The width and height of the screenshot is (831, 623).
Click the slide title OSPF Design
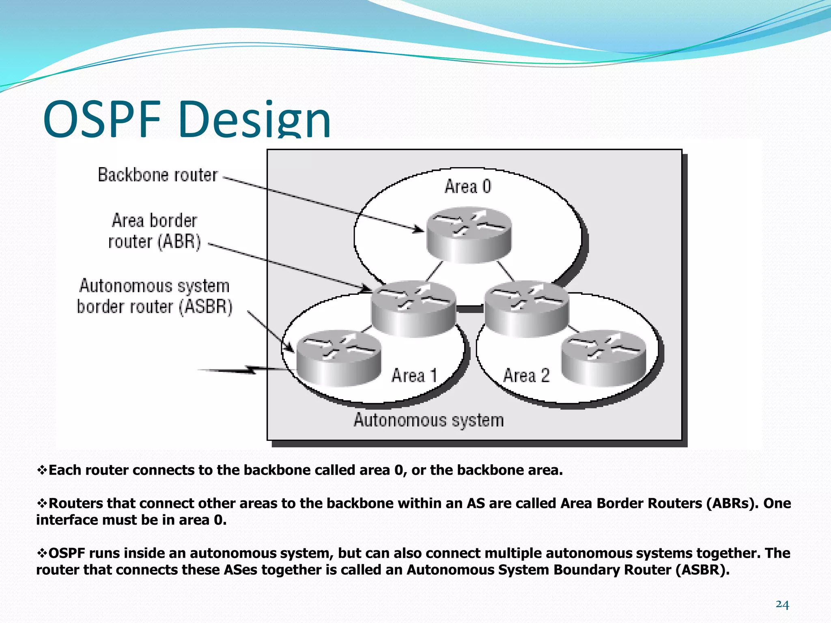(x=187, y=120)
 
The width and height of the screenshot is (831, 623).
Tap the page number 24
(x=782, y=605)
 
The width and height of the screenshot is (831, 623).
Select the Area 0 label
(x=468, y=187)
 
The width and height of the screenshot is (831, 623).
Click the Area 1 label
(x=414, y=375)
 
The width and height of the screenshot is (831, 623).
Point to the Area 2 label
(x=526, y=375)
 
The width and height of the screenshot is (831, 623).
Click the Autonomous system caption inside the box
(x=428, y=420)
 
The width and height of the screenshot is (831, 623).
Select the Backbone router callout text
(x=158, y=175)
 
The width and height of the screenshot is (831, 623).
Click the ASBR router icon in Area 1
(x=338, y=358)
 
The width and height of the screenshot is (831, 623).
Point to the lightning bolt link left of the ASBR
(x=243, y=370)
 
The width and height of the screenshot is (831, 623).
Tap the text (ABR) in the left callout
(x=179, y=242)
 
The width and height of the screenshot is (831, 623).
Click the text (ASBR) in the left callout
(x=206, y=307)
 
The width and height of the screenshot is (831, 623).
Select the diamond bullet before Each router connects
(x=42, y=470)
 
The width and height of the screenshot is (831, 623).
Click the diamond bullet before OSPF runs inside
(x=42, y=553)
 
